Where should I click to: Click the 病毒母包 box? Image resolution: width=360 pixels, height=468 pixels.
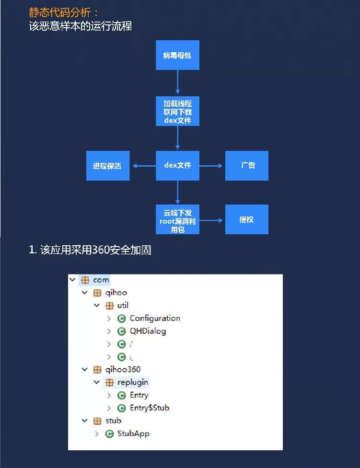(177, 56)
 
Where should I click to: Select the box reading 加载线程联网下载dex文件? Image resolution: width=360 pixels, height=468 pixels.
(177, 112)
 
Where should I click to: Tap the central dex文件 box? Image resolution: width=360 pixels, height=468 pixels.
(177, 166)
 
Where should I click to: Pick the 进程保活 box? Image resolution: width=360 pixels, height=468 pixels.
(107, 166)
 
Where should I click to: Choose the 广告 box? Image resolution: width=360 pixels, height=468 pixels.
(247, 166)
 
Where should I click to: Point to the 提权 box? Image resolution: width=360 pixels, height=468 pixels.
(247, 220)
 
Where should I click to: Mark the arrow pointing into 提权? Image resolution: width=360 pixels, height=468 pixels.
(212, 220)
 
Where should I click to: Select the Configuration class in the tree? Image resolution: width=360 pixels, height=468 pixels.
(154, 318)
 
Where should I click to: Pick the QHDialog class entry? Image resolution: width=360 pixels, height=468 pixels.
(148, 331)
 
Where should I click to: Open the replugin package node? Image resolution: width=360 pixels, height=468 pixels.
(133, 382)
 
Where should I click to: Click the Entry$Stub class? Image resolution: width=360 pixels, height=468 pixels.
(149, 408)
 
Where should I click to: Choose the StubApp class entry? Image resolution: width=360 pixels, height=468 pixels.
(133, 434)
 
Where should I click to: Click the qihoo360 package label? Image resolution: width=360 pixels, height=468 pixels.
(123, 369)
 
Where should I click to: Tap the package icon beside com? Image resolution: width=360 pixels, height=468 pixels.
(85, 280)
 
